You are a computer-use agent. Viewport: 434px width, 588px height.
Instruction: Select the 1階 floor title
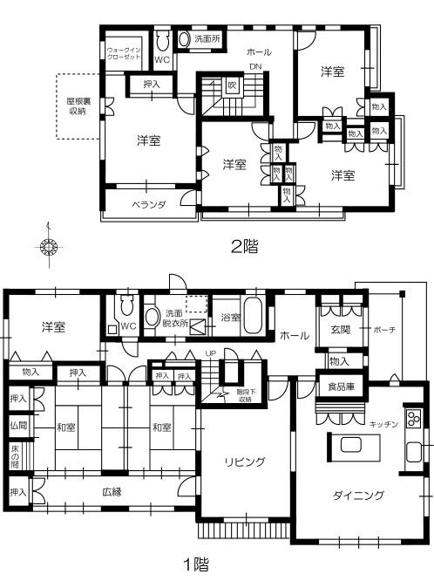[195, 564]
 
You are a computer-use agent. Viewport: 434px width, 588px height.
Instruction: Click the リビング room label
[244, 462]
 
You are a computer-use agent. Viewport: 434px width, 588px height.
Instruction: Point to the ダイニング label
[357, 496]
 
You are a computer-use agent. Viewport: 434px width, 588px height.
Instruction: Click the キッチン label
[383, 424]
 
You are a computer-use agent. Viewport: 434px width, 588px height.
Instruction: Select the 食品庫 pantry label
[340, 386]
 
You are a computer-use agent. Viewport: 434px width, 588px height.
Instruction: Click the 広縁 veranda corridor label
[111, 491]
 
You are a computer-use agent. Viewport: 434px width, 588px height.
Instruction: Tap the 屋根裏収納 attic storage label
[77, 106]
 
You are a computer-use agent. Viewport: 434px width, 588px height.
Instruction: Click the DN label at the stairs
[254, 66]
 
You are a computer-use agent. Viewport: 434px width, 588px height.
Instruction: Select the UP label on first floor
[210, 353]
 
